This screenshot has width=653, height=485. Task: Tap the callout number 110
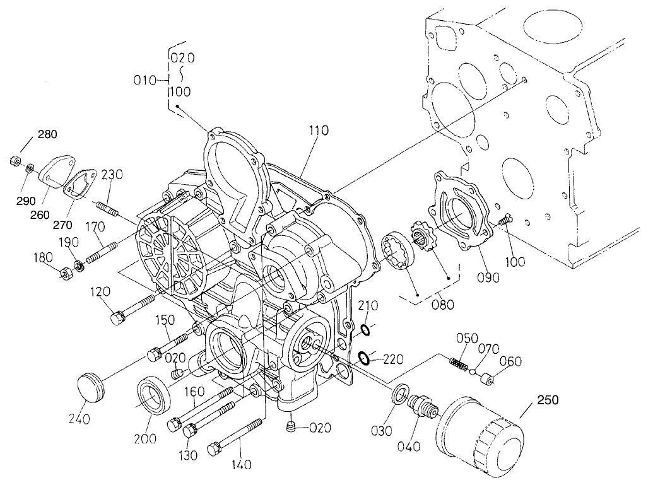pyautogui.click(x=319, y=131)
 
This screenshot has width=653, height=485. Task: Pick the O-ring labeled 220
pyautogui.click(x=363, y=358)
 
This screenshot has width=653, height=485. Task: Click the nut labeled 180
pyautogui.click(x=64, y=274)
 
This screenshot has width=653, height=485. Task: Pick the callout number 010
pyautogui.click(x=146, y=80)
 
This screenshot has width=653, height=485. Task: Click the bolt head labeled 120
pyautogui.click(x=117, y=317)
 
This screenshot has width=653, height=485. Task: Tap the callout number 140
pyautogui.click(x=241, y=465)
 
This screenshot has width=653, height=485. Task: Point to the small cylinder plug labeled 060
pyautogui.click(x=486, y=381)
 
